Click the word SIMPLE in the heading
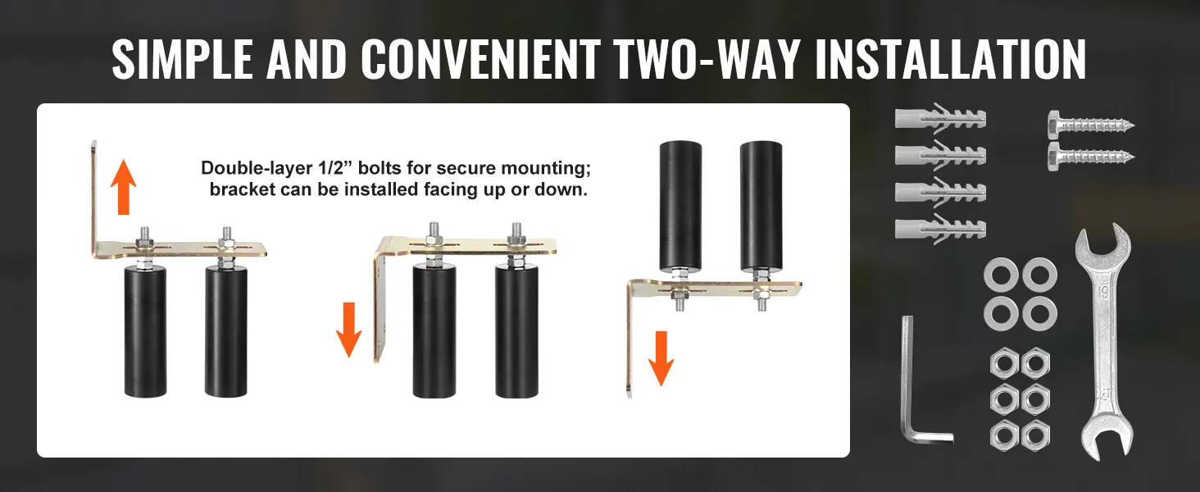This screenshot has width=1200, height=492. point(183,60)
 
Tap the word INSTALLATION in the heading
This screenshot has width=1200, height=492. point(950,60)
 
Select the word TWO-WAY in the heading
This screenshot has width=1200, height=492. point(707,60)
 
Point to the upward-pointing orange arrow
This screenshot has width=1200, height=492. point(124,186)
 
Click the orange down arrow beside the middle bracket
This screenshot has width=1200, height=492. point(348,330)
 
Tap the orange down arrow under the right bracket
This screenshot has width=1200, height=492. point(661,358)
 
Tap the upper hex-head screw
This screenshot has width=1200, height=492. point(1091,125)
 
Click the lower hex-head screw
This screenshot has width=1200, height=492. point(1091,157)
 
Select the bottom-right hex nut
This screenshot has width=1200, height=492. point(1035,435)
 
